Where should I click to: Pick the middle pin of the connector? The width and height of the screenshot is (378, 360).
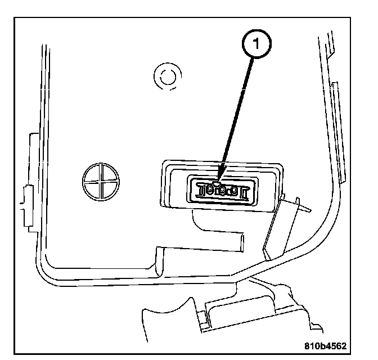pyautogui.click(x=220, y=191)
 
